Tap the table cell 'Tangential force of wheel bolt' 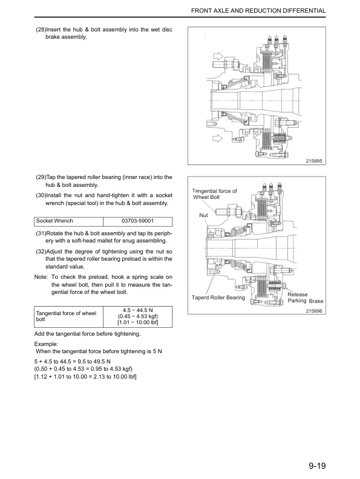(67, 316)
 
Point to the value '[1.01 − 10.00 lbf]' (137, 322)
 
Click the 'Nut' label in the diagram (203, 215)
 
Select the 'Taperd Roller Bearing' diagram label (218, 298)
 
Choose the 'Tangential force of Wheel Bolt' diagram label (214, 194)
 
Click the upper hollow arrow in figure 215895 (217, 59)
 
